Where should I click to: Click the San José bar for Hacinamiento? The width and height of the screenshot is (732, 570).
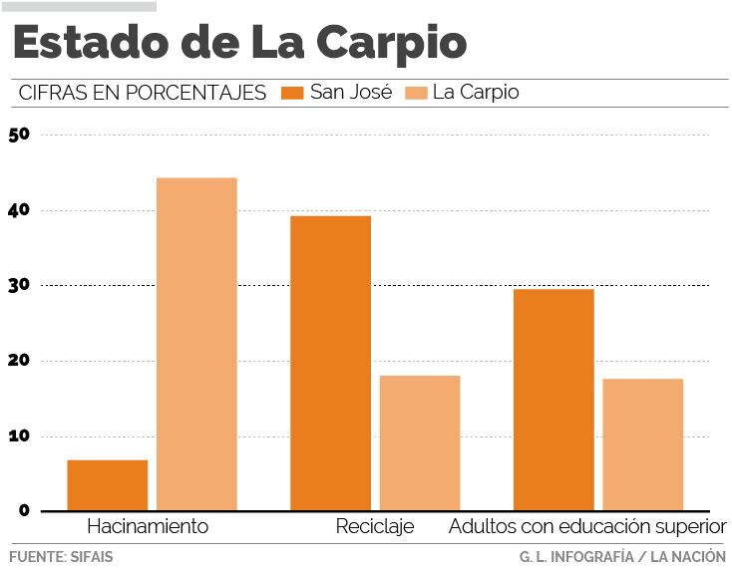pos(108,485)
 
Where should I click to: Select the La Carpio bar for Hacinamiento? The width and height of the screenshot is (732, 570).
pos(196,344)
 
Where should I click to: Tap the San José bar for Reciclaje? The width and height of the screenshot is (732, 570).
pos(330,363)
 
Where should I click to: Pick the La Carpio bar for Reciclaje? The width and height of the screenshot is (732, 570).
pos(420,442)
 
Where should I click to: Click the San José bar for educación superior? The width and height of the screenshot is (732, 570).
pos(553,400)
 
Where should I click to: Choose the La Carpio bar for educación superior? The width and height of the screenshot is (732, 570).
pos(642,444)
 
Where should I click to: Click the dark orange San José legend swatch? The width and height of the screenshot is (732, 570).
pos(293,93)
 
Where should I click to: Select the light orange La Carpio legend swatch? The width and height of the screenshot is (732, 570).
pos(417,93)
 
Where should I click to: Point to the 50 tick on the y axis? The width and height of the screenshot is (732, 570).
pos(19,135)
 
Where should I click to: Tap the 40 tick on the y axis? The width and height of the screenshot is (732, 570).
pos(19,210)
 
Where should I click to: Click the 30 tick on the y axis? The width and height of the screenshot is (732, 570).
pos(19,285)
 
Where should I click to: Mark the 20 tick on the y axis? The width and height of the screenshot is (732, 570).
pos(19,361)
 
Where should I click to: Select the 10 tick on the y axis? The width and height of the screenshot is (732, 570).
pos(19,435)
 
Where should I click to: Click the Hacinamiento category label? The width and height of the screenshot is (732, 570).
pos(148,526)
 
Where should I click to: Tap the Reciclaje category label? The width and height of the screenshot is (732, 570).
pos(375,526)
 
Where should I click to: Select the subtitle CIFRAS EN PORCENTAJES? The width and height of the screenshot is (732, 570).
pos(143,93)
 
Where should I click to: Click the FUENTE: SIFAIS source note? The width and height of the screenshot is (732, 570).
pos(61,556)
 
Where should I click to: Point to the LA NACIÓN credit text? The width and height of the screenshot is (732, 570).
pos(688,556)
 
